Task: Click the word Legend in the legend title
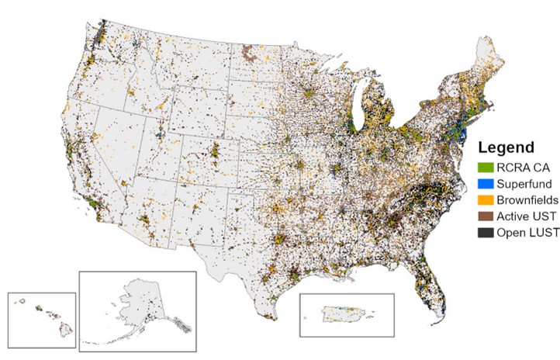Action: click(506, 147)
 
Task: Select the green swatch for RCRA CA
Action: click(485, 167)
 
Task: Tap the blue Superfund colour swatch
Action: click(485, 183)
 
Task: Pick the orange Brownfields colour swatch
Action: click(485, 200)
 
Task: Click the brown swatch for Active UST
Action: click(485, 217)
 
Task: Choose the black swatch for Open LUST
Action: click(485, 234)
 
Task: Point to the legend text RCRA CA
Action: click(520, 167)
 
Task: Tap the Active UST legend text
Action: click(525, 217)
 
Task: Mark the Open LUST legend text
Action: click(526, 234)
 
